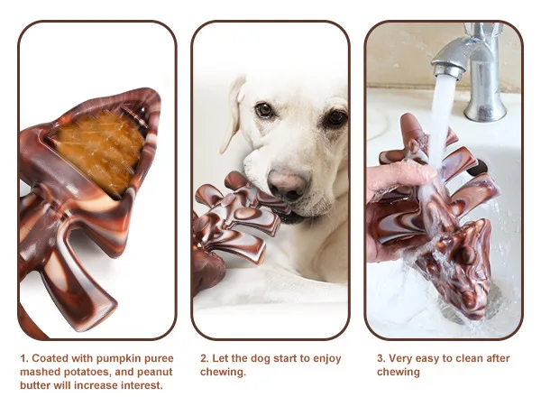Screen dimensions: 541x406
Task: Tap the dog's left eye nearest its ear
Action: click(x=264, y=110)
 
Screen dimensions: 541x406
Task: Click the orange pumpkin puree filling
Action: click(x=101, y=150)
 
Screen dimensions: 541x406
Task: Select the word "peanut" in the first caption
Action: click(x=155, y=373)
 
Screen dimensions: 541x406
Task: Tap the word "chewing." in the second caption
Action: click(x=223, y=373)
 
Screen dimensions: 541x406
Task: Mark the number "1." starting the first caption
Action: click(x=24, y=358)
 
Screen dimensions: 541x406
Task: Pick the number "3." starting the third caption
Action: click(x=381, y=358)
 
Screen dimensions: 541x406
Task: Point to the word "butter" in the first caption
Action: click(x=35, y=385)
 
